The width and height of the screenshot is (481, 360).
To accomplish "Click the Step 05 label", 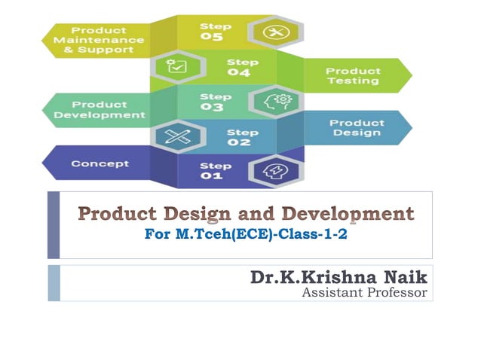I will click(x=212, y=32).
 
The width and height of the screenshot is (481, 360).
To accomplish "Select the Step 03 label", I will click(x=212, y=102).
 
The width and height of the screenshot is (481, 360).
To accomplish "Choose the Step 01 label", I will click(x=212, y=170).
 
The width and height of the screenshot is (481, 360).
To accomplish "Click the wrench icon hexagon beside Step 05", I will click(x=272, y=32).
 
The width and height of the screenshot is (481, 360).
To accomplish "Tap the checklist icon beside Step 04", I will click(x=176, y=68).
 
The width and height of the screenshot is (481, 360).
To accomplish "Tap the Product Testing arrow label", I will click(x=353, y=76).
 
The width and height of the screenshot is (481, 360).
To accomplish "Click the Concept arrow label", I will click(x=100, y=163).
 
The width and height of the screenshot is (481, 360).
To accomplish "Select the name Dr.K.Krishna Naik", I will click(x=339, y=277).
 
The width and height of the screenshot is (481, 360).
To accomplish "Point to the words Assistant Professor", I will click(x=364, y=291).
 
